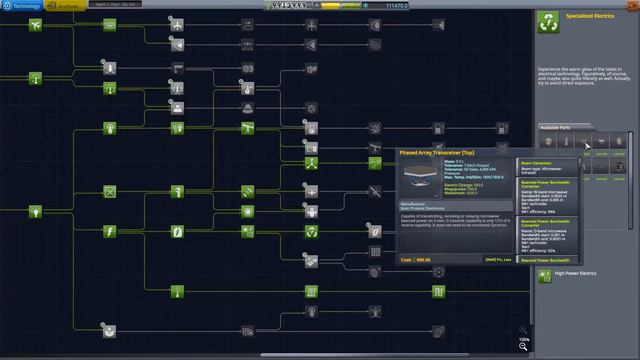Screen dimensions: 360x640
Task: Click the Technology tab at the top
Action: (22, 5)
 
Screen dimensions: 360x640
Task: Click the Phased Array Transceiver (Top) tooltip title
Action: (436, 153)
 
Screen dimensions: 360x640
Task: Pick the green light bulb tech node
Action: (35, 212)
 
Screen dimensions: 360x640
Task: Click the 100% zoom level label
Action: (523, 339)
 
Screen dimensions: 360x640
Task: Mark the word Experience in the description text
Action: (557, 65)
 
